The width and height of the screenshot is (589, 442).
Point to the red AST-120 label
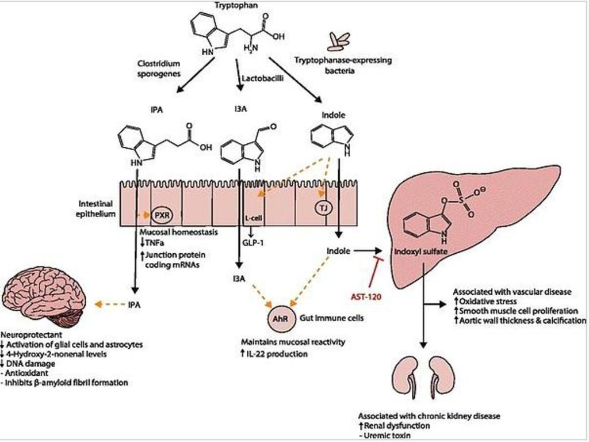pyautogui.click(x=366, y=296)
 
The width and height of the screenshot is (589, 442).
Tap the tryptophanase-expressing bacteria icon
pyautogui.click(x=338, y=41)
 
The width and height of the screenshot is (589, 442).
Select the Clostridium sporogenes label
pyautogui.click(x=156, y=68)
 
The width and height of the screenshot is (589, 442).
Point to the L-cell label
pyautogui.click(x=254, y=218)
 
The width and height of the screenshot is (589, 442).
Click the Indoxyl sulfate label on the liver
pyautogui.click(x=420, y=252)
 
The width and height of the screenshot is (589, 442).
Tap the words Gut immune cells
pyautogui.click(x=331, y=318)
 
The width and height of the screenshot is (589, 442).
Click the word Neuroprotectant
pyautogui.click(x=31, y=334)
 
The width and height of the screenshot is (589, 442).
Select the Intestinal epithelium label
pyautogui.click(x=95, y=208)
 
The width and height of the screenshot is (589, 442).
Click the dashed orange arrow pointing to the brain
pyautogui.click(x=109, y=304)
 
